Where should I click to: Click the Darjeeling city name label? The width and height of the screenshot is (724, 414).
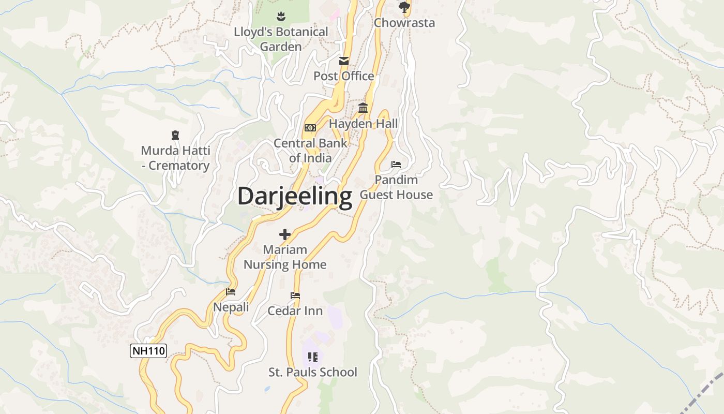[295, 197]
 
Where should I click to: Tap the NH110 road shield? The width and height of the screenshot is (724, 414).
[148, 351]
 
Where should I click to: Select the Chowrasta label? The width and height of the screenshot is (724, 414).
[404, 23]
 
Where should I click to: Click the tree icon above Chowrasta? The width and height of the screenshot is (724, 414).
[404, 7]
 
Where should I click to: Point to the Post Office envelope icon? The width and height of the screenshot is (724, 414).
[344, 61]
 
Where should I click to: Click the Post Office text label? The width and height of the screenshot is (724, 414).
[344, 76]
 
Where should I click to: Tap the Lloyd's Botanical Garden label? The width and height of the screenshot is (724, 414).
[281, 39]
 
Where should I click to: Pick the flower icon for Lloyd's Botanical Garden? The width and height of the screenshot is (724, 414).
[281, 16]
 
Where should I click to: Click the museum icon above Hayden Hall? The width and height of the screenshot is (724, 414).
[363, 108]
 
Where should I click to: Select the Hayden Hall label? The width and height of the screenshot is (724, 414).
[364, 124]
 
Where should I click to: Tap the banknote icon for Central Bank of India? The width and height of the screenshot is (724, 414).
[310, 128]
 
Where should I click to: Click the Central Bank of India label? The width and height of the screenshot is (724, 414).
[310, 151]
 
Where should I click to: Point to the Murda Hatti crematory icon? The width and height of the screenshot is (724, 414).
[175, 136]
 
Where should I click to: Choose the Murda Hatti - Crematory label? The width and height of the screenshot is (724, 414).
[175, 158]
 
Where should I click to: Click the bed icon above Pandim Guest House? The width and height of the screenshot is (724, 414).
[396, 165]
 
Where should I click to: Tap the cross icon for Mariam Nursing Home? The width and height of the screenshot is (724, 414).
[285, 234]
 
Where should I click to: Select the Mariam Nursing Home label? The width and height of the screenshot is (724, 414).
[285, 257]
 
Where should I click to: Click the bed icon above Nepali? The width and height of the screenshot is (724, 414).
[231, 292]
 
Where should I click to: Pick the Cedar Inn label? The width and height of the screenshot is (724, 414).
[295, 311]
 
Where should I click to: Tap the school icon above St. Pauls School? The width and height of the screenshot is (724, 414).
[312, 357]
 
